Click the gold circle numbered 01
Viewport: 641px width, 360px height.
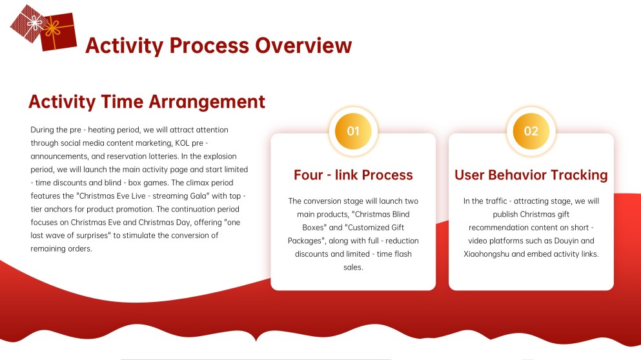click(x=353, y=131)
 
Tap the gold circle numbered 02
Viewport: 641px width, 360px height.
click(x=531, y=131)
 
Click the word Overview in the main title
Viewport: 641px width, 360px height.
click(x=303, y=45)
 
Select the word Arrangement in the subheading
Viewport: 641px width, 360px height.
click(x=206, y=102)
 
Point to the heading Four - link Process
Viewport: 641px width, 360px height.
click(x=353, y=175)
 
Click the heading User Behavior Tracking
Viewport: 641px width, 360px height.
click(x=531, y=175)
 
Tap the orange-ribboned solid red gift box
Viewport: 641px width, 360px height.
click(x=59, y=32)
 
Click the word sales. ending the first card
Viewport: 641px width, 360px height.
click(x=353, y=267)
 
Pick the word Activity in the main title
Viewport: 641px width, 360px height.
click(x=125, y=46)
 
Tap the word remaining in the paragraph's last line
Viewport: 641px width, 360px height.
click(x=48, y=249)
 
